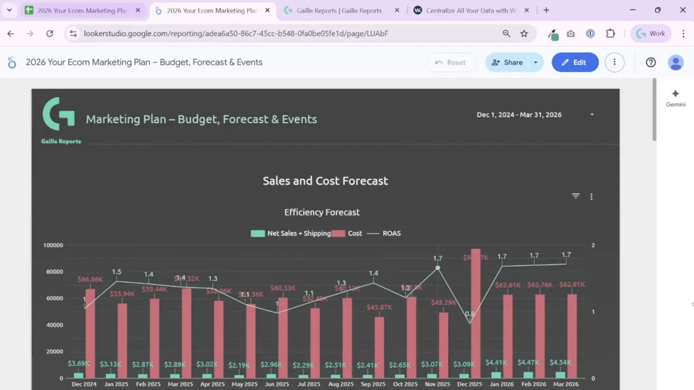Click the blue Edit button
pyautogui.click(x=575, y=62)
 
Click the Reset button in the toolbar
pyautogui.click(x=450, y=62)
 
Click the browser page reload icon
pyautogui.click(x=49, y=34)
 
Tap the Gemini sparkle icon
pyautogui.click(x=675, y=94)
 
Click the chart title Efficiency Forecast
pyautogui.click(x=322, y=212)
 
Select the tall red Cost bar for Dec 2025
pyautogui.click(x=475, y=314)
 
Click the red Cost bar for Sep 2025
pyautogui.click(x=379, y=347)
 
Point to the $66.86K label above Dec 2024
pyautogui.click(x=90, y=279)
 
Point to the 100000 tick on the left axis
pyautogui.click(x=53, y=245)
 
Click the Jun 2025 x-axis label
pyautogui.click(x=277, y=384)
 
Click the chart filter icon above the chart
pyautogui.click(x=576, y=196)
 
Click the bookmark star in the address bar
pyautogui.click(x=524, y=34)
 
